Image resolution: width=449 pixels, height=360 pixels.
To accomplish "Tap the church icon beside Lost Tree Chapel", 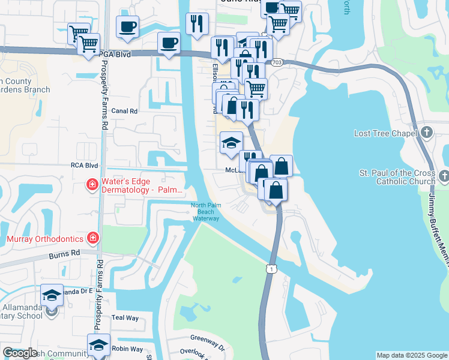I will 427,132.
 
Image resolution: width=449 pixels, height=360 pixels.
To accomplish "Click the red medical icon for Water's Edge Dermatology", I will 92,184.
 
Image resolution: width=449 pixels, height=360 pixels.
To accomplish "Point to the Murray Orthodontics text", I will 44,238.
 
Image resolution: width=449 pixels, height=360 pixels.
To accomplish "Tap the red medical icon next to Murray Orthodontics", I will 92,238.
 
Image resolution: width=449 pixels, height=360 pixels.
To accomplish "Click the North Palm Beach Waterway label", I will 206,212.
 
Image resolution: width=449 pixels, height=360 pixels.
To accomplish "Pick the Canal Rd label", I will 124,111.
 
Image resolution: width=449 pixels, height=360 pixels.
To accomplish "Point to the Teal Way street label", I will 125,317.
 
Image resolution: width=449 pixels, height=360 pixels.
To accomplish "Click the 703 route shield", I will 277,62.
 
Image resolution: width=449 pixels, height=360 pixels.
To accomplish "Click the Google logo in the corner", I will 20,353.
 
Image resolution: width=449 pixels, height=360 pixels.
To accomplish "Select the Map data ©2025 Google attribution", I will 412,355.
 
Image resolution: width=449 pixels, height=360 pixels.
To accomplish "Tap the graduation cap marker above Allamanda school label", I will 52,295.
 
